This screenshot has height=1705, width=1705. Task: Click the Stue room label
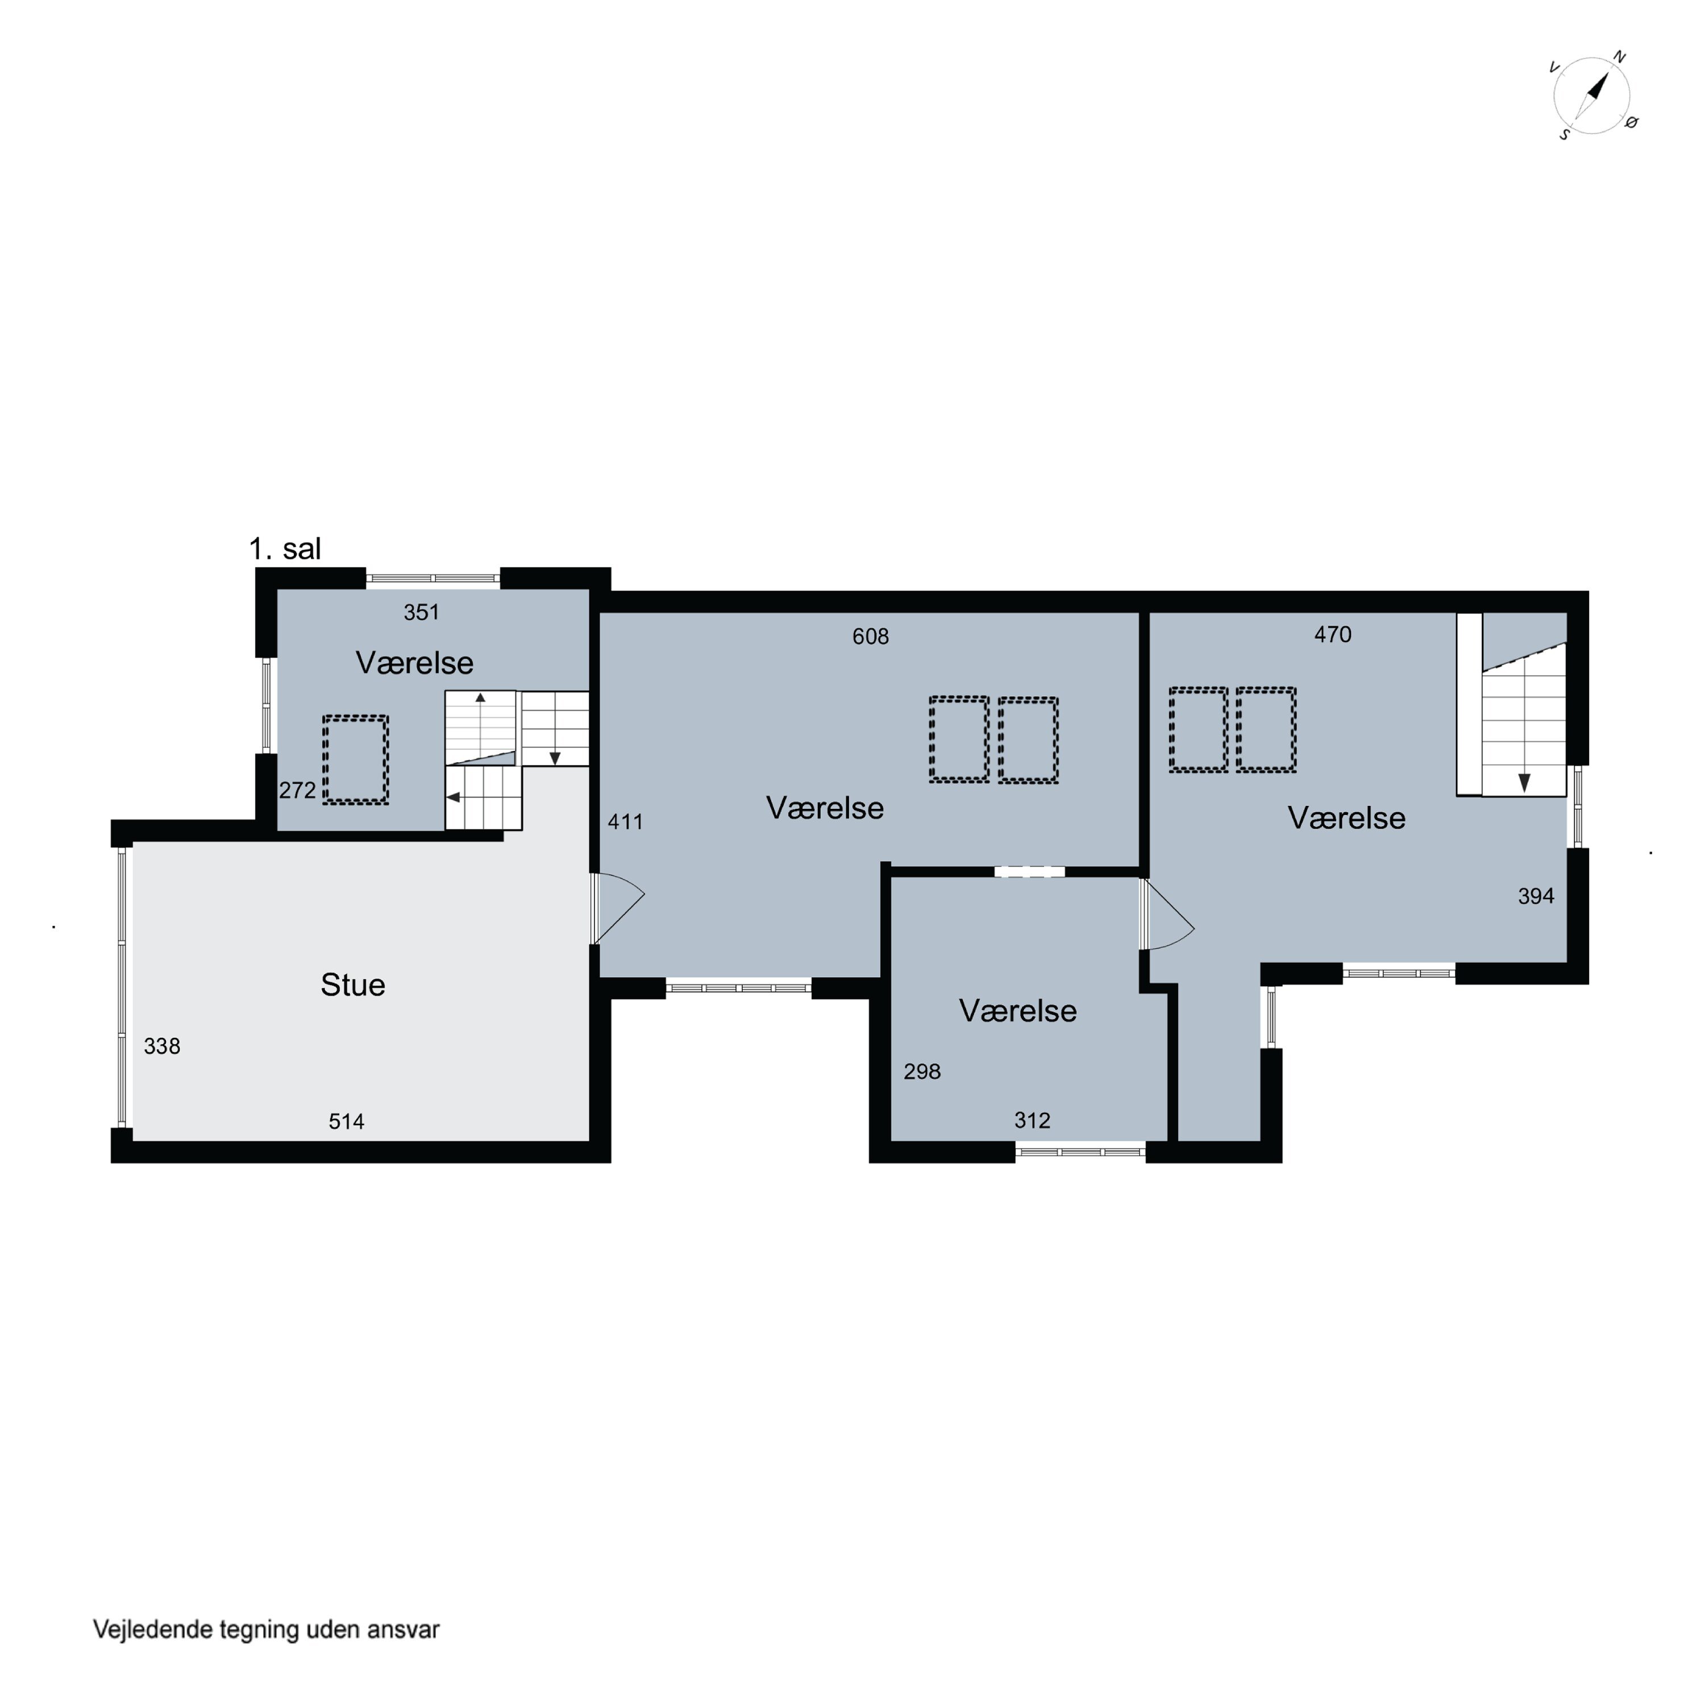click(353, 985)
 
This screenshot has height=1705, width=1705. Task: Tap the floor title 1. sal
click(285, 549)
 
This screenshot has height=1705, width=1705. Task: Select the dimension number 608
click(870, 637)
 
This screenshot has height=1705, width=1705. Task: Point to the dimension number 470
click(1333, 634)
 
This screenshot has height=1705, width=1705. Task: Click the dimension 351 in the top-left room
click(422, 613)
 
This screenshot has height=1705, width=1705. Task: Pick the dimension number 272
click(297, 791)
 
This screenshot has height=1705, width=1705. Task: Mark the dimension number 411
click(626, 822)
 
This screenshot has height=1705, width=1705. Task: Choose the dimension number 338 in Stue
click(163, 1047)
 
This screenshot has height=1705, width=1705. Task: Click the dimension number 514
click(347, 1122)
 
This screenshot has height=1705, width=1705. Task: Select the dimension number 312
click(1033, 1121)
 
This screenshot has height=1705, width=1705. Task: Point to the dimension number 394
click(1536, 897)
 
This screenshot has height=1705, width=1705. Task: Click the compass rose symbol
click(1592, 96)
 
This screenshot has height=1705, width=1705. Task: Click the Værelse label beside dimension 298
click(1018, 1012)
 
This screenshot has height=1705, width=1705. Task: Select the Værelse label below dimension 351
click(415, 663)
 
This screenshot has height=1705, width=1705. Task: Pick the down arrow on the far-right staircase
click(1524, 782)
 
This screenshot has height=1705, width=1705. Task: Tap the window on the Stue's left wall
click(123, 988)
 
